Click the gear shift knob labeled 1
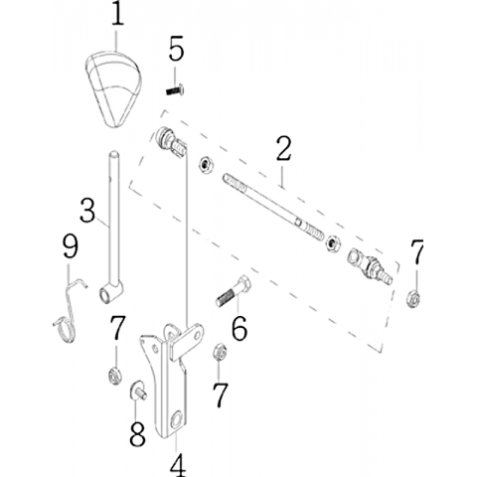(113, 88)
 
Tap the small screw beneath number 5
(175, 89)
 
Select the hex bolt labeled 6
(234, 291)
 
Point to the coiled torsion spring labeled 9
(69, 311)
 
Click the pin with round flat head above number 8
(138, 391)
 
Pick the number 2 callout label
(283, 149)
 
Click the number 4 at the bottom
(177, 463)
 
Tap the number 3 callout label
(87, 210)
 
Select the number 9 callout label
(71, 246)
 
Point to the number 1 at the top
(117, 13)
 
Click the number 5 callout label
(176, 49)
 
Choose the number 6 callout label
(239, 328)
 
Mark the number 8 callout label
(137, 433)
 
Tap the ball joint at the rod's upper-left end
(170, 142)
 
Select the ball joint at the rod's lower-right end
(370, 267)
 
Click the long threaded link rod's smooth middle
(271, 207)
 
